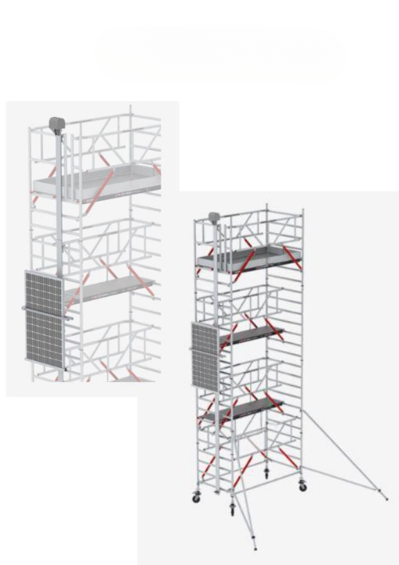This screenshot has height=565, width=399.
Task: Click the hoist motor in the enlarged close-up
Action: [56, 124]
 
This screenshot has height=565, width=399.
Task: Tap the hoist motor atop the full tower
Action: [213, 217]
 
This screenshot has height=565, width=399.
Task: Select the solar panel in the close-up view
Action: [45, 315]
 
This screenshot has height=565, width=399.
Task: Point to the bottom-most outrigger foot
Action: [255, 548]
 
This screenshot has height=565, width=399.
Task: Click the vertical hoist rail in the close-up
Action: [60, 204]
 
